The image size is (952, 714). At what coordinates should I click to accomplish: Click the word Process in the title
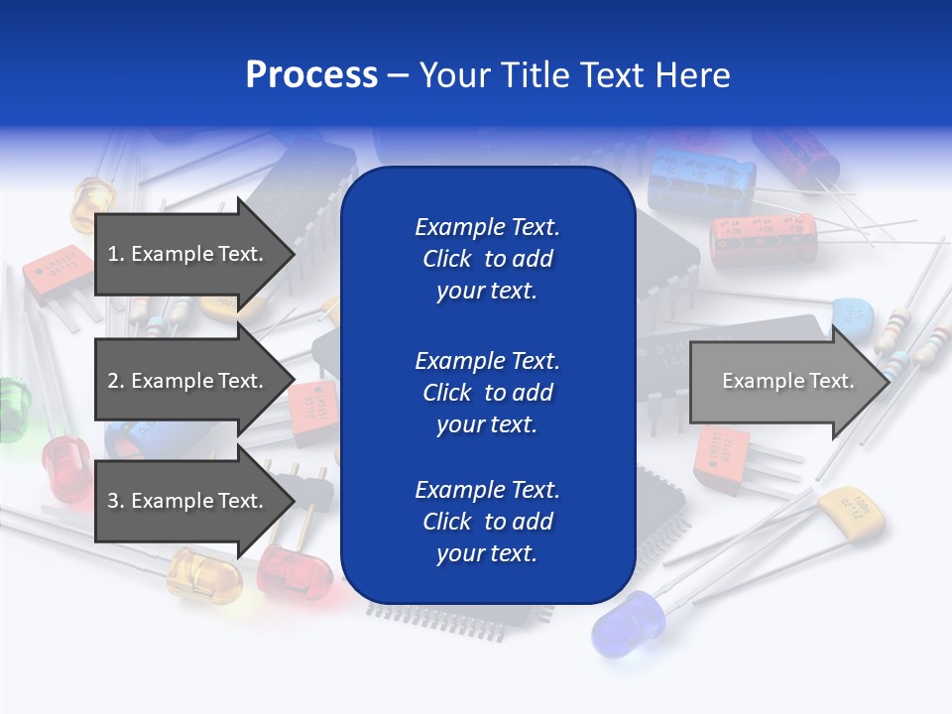[311, 75]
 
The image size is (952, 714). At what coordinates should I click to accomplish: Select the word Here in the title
[691, 75]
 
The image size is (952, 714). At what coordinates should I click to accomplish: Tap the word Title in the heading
[531, 75]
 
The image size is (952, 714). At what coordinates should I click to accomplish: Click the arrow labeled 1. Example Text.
[188, 254]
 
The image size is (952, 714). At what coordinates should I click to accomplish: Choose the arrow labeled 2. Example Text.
[188, 381]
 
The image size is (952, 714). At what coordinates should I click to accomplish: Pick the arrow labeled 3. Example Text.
[188, 501]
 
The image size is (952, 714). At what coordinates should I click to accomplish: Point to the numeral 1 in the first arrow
[112, 254]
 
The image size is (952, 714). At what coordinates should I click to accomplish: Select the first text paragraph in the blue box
[487, 259]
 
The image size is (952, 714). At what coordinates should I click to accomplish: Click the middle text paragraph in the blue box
[487, 393]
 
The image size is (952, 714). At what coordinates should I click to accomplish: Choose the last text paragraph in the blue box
[487, 522]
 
